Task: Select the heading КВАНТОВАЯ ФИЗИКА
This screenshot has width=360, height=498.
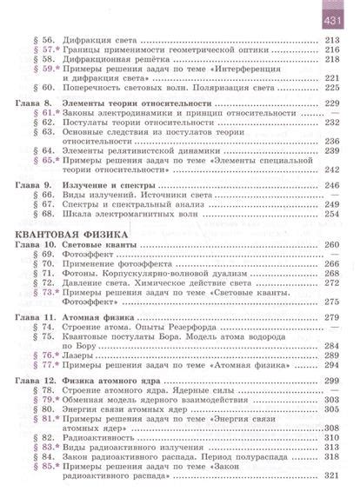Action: [x=71, y=235]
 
